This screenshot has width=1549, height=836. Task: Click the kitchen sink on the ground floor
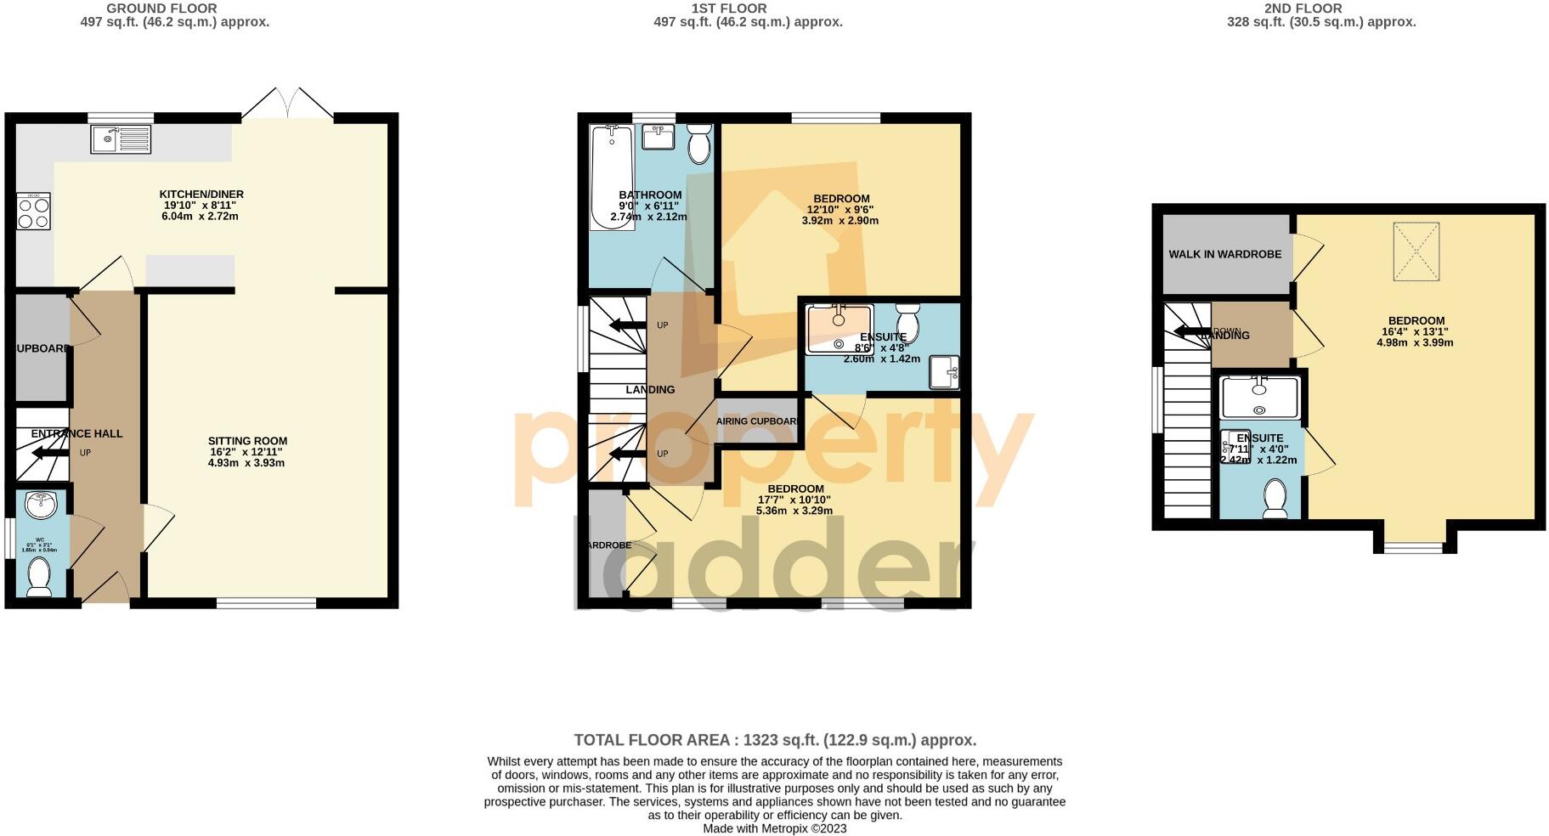click(x=121, y=139)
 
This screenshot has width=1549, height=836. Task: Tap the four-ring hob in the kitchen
click(x=33, y=212)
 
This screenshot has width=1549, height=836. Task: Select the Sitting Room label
click(x=247, y=441)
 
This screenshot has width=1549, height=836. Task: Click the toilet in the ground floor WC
click(x=39, y=578)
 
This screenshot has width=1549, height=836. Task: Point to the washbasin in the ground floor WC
click(x=40, y=505)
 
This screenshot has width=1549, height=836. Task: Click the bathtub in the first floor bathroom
click(x=611, y=177)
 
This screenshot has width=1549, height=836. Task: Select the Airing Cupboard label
click(x=757, y=421)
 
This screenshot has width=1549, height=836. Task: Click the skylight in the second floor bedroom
click(x=1416, y=251)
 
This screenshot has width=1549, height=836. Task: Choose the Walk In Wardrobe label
click(x=1224, y=254)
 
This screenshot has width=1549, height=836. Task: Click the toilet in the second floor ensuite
click(x=1275, y=499)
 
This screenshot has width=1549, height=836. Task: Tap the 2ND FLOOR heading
click(x=1303, y=8)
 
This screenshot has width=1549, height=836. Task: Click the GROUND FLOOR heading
click(x=161, y=8)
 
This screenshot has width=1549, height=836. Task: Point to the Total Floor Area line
click(x=775, y=740)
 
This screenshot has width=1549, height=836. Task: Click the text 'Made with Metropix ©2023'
click(x=774, y=828)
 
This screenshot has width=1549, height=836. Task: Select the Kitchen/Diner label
click(x=201, y=195)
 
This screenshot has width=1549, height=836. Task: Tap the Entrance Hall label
click(x=76, y=433)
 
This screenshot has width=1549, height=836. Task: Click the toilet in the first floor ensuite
click(x=907, y=320)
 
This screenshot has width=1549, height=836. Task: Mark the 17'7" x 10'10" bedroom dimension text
click(x=794, y=500)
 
